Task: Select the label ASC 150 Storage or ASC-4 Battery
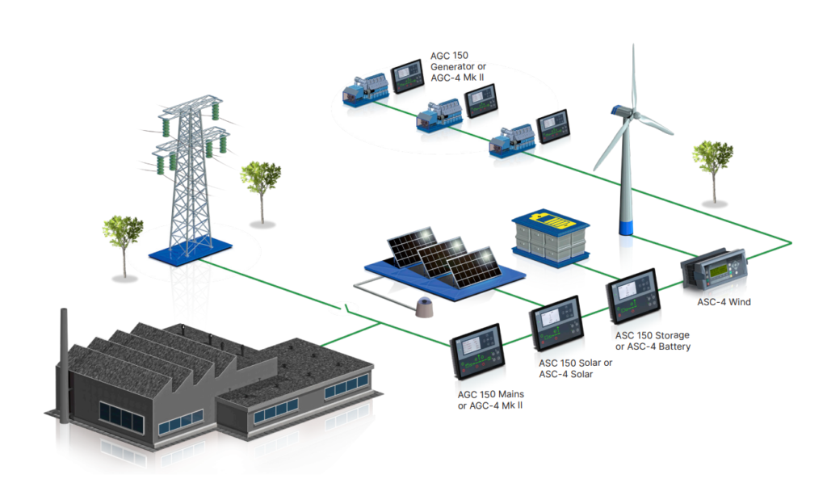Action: (653, 341)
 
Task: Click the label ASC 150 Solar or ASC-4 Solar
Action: (575, 368)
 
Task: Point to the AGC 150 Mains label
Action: (490, 400)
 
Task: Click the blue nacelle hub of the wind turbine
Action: (622, 111)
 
